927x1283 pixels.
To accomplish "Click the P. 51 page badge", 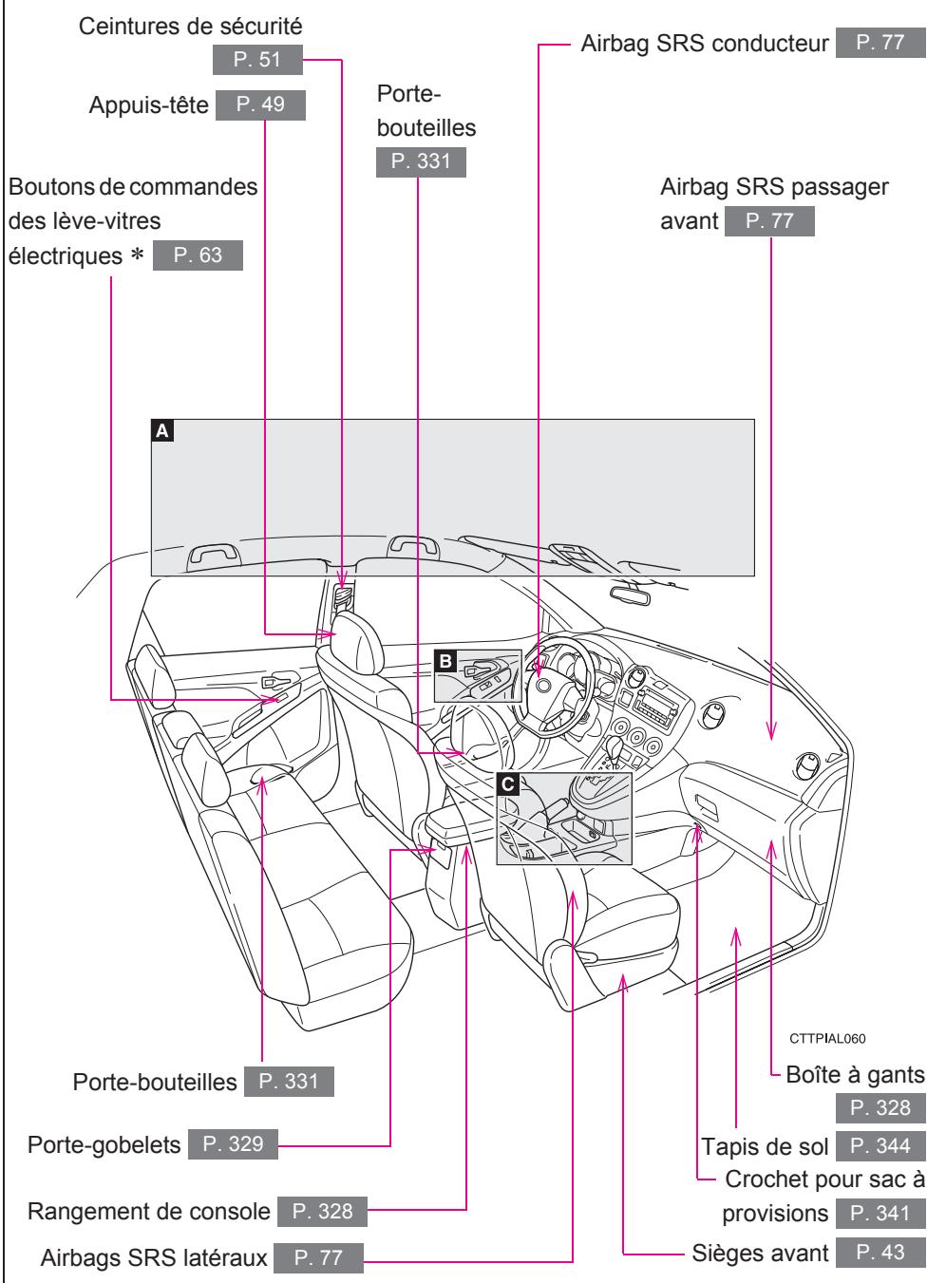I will click(258, 62).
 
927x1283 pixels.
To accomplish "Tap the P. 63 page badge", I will click(197, 256).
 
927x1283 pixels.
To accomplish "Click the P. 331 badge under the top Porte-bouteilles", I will click(421, 161).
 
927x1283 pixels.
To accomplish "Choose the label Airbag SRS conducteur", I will click(704, 44).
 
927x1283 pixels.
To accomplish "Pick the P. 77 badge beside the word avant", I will click(769, 222).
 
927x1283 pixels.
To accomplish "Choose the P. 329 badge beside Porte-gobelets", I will click(233, 1145).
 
